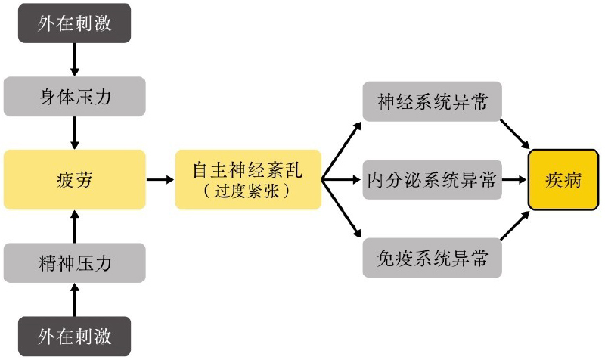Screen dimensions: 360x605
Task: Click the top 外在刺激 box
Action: click(x=74, y=23)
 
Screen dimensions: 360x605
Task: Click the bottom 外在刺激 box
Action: click(x=74, y=335)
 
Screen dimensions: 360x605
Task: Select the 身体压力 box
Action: click(x=74, y=97)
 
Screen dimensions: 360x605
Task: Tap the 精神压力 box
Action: click(x=74, y=262)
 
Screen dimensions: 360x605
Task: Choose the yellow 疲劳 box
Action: click(x=74, y=179)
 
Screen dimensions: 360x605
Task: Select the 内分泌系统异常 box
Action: click(x=432, y=179)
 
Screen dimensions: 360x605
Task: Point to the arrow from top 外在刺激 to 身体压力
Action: click(x=74, y=59)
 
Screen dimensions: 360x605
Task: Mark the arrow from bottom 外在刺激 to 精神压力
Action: click(x=74, y=299)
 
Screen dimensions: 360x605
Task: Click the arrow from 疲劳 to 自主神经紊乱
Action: click(x=160, y=180)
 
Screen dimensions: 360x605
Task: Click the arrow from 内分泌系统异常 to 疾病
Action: click(x=514, y=180)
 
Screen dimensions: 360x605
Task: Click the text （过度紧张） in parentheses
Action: click(x=247, y=192)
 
